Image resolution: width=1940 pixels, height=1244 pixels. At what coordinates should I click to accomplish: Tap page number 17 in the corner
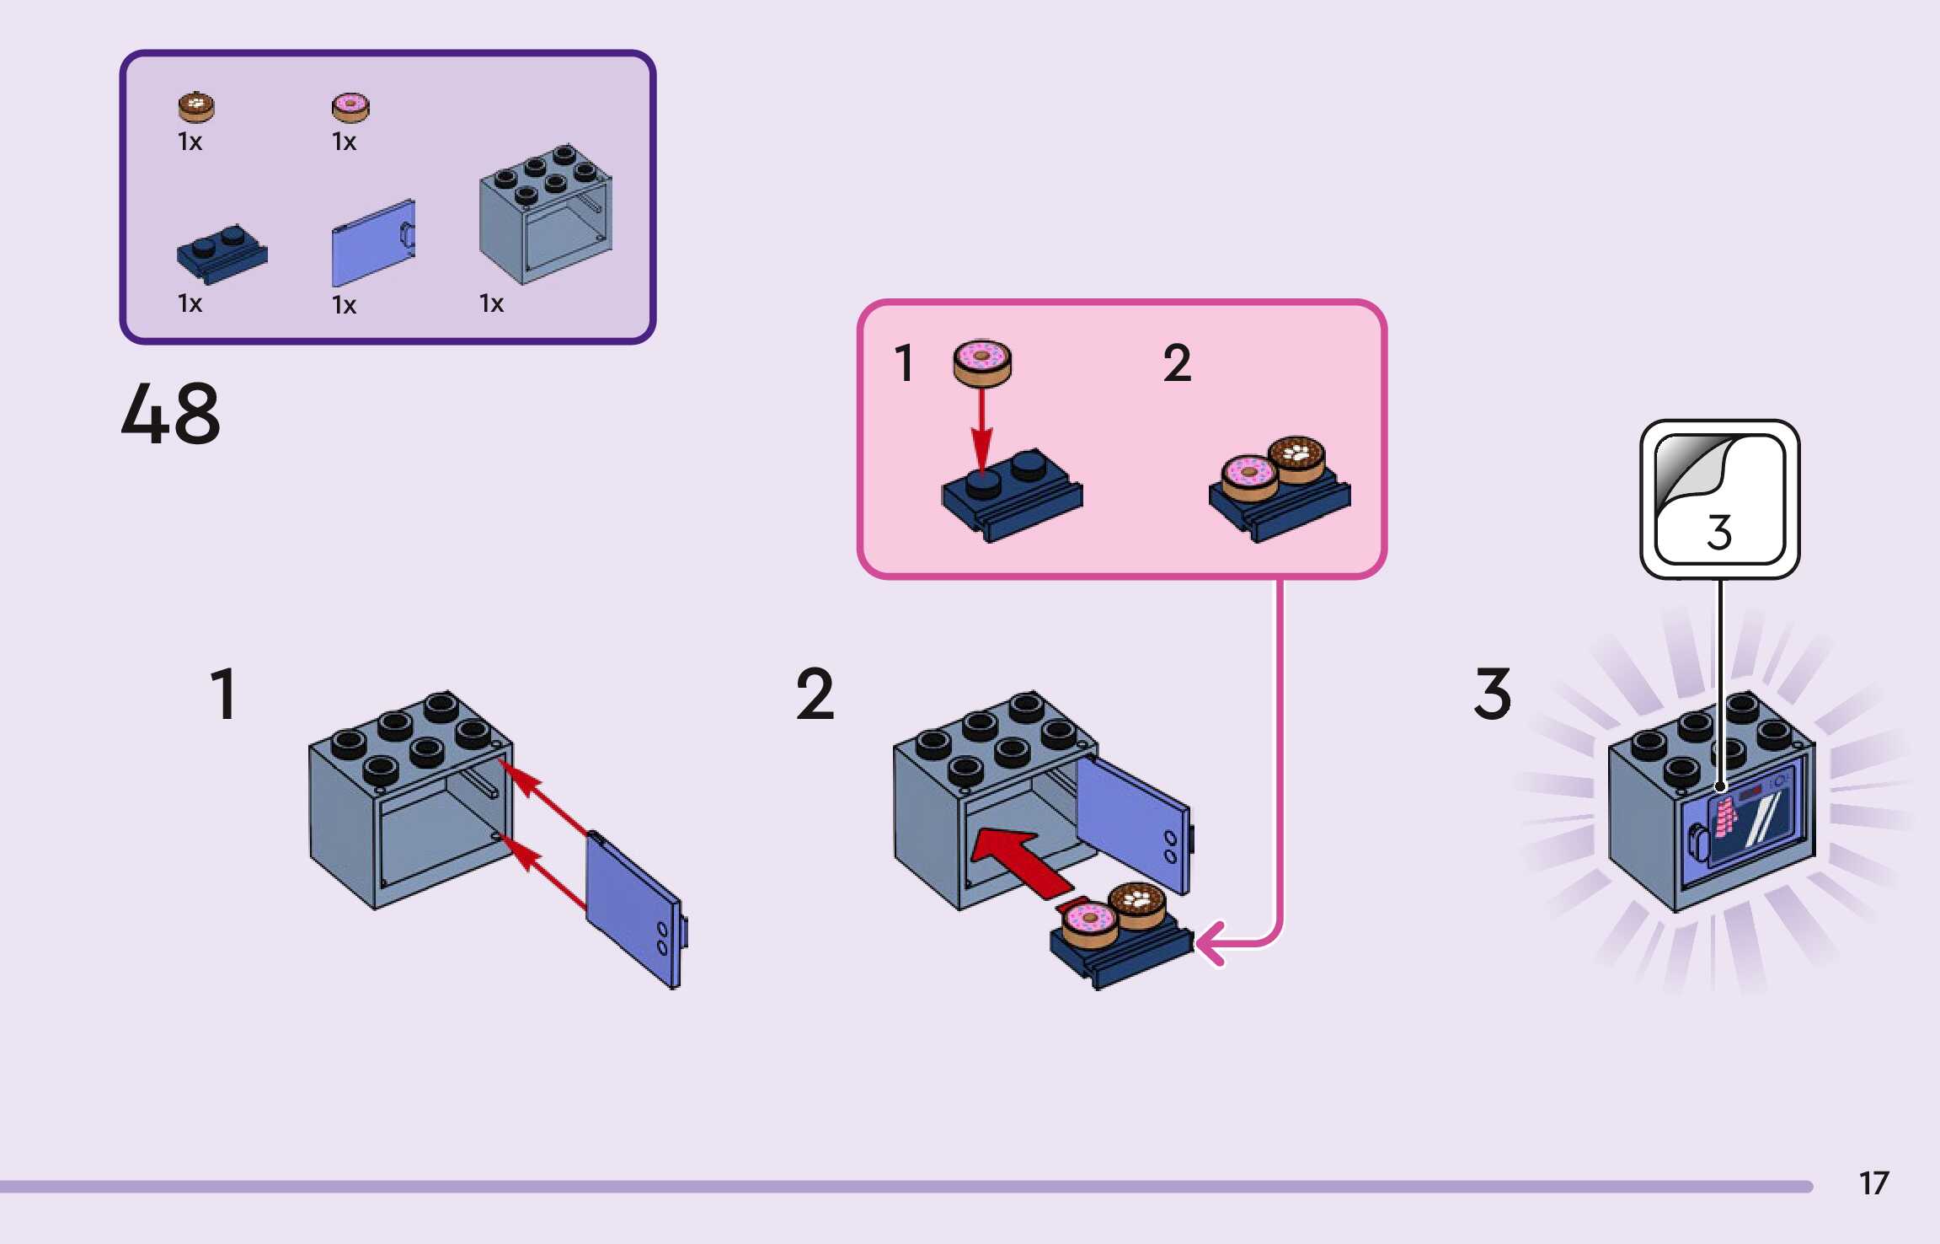[1873, 1183]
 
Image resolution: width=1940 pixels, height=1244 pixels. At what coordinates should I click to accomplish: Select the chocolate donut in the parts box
[196, 107]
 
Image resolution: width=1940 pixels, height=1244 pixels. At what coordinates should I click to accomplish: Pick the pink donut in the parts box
[350, 107]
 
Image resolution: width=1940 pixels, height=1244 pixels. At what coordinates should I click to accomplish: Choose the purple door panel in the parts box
[372, 244]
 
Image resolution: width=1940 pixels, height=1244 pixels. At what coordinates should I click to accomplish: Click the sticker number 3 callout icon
[1719, 499]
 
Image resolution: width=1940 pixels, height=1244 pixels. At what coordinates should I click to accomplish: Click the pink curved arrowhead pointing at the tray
[1210, 942]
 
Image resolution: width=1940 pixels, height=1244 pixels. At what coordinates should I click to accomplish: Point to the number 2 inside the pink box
[1177, 363]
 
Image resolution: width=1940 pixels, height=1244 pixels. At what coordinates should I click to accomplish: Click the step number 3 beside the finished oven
[1492, 694]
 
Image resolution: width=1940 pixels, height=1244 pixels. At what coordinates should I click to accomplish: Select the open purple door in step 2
[1133, 822]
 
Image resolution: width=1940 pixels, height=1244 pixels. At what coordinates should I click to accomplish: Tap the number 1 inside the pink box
[903, 363]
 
